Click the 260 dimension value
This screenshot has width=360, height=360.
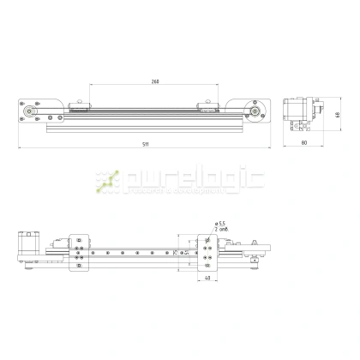155,81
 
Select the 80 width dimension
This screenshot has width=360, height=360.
304,144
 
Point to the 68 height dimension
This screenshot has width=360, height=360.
337,113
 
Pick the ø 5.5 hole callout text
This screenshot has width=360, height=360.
221,224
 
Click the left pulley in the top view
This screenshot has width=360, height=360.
31,111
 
